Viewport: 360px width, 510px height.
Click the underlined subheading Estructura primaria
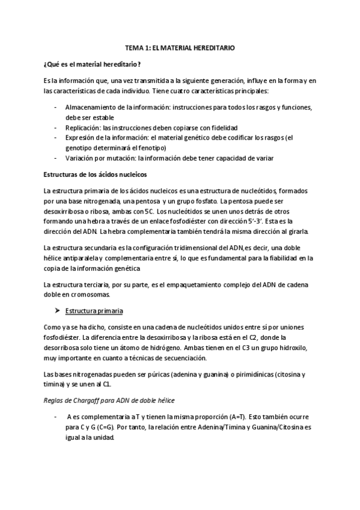click(95, 312)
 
